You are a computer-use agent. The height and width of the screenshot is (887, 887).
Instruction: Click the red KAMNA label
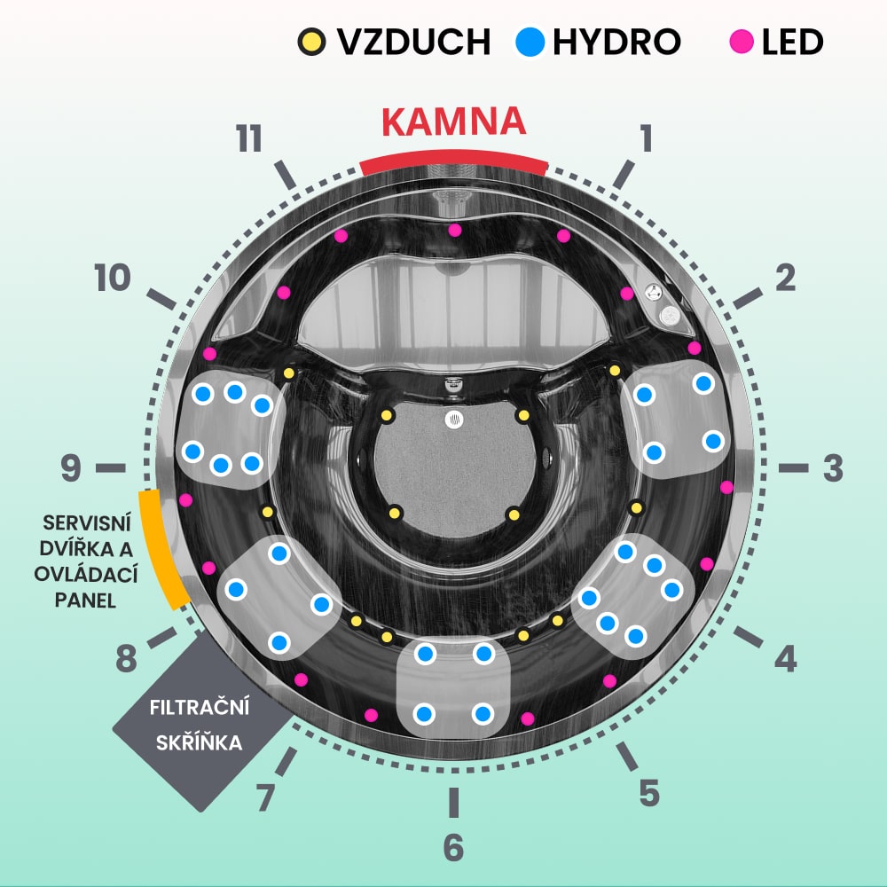[453, 121]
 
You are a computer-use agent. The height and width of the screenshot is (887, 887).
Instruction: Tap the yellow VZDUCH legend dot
[311, 42]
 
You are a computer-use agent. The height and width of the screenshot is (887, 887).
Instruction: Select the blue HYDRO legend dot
[530, 42]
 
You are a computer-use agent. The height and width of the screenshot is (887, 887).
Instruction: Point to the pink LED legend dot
[741, 42]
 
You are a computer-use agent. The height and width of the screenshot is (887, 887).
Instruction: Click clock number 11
[249, 138]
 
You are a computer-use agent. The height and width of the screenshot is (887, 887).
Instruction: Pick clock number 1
[646, 138]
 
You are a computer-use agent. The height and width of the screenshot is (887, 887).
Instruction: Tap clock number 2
[785, 278]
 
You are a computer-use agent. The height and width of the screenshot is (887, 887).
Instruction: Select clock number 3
[833, 468]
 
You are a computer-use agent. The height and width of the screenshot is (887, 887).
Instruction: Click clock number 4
[786, 658]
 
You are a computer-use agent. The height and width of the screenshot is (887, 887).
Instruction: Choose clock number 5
[649, 792]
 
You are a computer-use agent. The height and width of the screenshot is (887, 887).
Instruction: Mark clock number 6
[453, 847]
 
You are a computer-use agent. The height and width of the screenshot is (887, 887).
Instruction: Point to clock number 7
[265, 797]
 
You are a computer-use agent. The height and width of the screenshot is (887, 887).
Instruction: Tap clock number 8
[126, 658]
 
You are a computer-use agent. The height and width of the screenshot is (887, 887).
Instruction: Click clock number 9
[71, 468]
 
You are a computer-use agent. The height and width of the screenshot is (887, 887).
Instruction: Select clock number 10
[113, 278]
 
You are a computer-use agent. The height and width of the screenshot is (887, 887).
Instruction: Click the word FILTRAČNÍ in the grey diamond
[199, 707]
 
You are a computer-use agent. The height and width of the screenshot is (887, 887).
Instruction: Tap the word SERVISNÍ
[87, 523]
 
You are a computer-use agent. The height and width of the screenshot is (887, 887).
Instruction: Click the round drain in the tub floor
[453, 420]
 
